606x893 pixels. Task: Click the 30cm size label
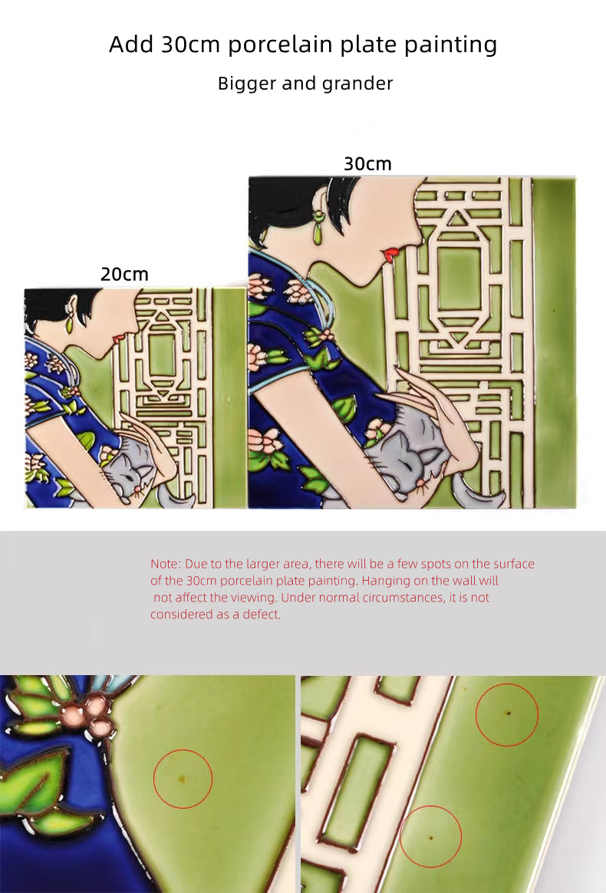(x=367, y=164)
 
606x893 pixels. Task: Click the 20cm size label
(x=124, y=274)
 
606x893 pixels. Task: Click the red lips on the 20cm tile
(x=118, y=338)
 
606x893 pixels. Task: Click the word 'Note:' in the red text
(x=166, y=564)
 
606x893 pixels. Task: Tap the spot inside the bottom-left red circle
(x=182, y=779)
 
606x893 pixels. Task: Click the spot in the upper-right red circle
(x=509, y=713)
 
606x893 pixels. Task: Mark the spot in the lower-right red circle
(x=430, y=837)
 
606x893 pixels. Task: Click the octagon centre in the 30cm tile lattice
(x=459, y=273)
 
